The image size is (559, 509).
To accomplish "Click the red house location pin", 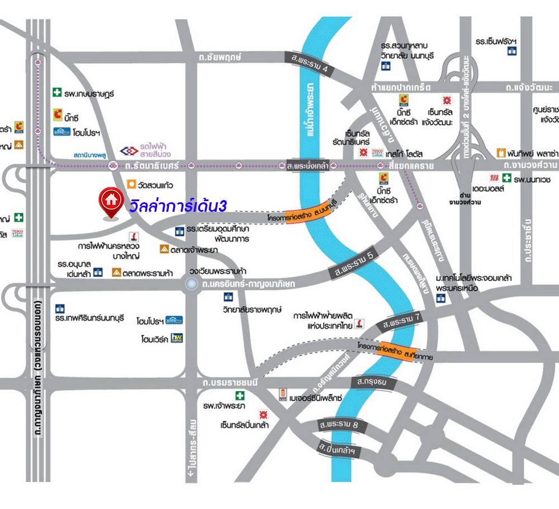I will pyautogui.click(x=111, y=202).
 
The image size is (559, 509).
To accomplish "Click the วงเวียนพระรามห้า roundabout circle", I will pyautogui.click(x=192, y=285).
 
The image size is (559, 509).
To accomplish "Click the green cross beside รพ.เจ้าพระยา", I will pyautogui.click(x=241, y=396).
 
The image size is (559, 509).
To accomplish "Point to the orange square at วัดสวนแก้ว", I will pyautogui.click(x=130, y=183).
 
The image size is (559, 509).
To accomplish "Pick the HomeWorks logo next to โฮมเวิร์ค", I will pyautogui.click(x=177, y=338).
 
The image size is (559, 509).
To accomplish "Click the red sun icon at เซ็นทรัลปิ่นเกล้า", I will pyautogui.click(x=262, y=414).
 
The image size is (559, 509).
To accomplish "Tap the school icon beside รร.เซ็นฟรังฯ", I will pyautogui.click(x=512, y=51).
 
